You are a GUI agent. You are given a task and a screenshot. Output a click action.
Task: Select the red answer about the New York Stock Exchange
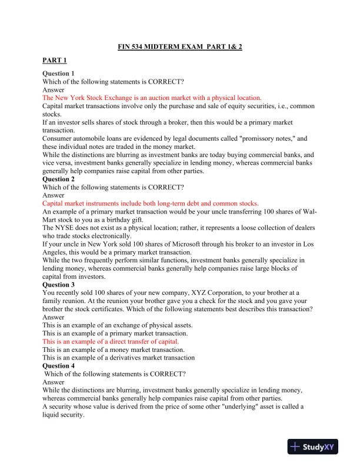tap(152, 98)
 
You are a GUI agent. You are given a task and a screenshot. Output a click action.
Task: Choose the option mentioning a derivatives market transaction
tap(118, 357)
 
